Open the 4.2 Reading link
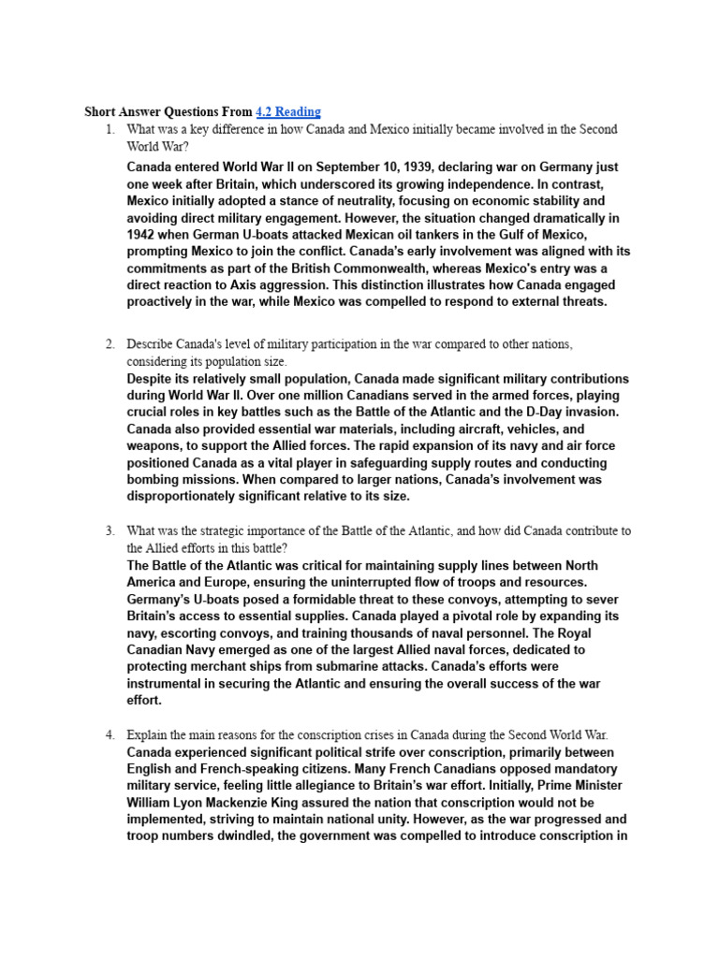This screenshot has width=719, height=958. click(x=288, y=111)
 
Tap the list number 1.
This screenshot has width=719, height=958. click(x=109, y=128)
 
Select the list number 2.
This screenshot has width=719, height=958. click(x=109, y=344)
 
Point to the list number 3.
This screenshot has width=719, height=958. click(x=109, y=530)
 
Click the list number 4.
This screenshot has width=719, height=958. click(x=109, y=734)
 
